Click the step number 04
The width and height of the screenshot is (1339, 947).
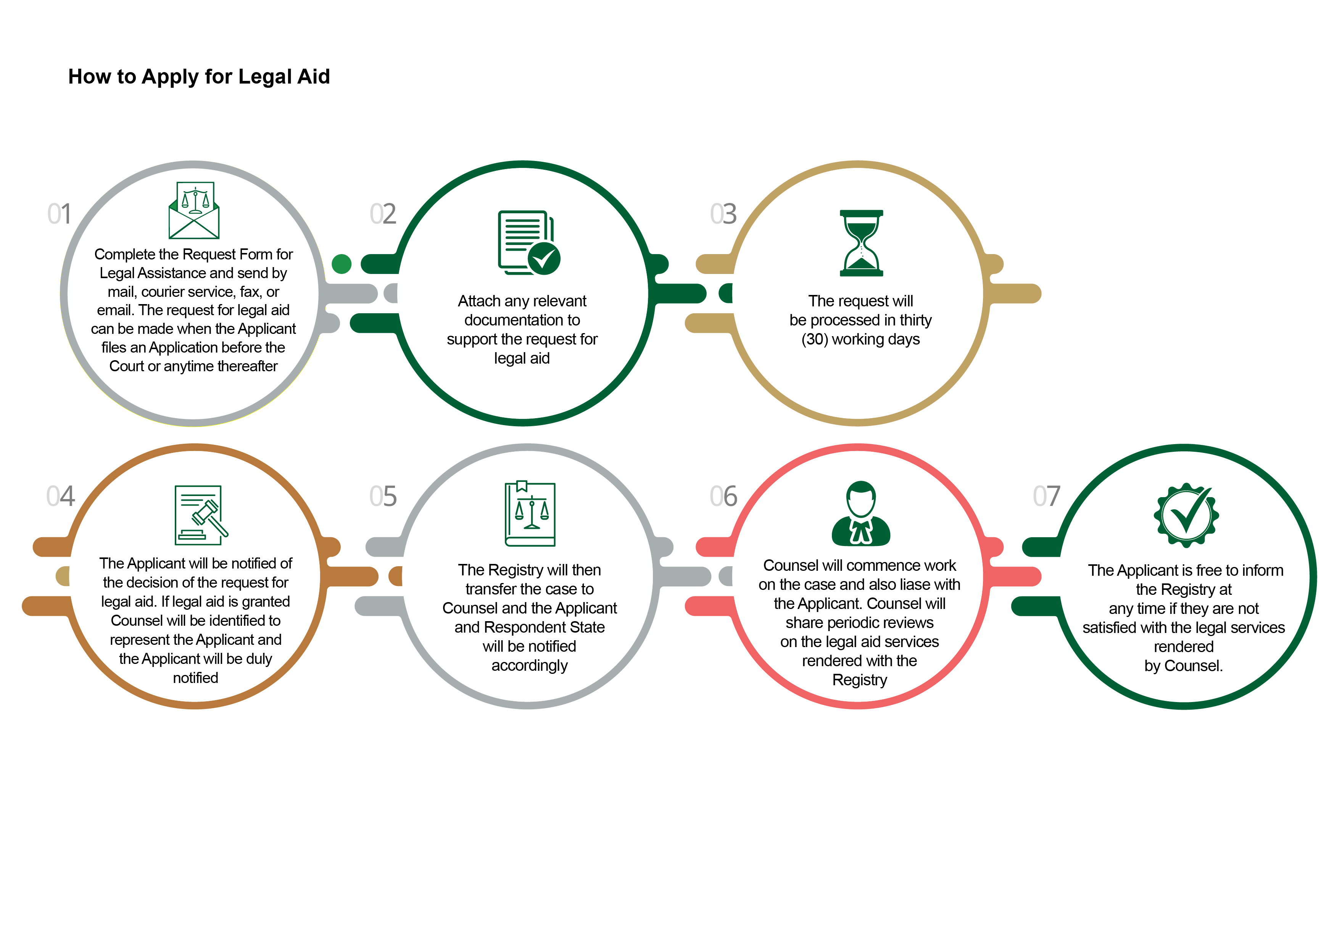point(61,496)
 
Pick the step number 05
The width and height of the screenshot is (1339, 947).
point(383,496)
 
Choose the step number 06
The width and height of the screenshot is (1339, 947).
point(723,496)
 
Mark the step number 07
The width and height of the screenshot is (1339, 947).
point(1046,496)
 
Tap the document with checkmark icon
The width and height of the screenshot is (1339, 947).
point(529,243)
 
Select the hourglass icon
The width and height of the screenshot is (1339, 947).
point(861,243)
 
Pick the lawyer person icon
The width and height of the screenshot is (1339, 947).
point(861,513)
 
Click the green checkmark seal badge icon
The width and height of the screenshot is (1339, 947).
point(1186,515)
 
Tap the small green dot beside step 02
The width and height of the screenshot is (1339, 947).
point(342,264)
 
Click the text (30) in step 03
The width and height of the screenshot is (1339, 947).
point(815,339)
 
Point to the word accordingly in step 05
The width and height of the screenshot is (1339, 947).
point(530,666)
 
